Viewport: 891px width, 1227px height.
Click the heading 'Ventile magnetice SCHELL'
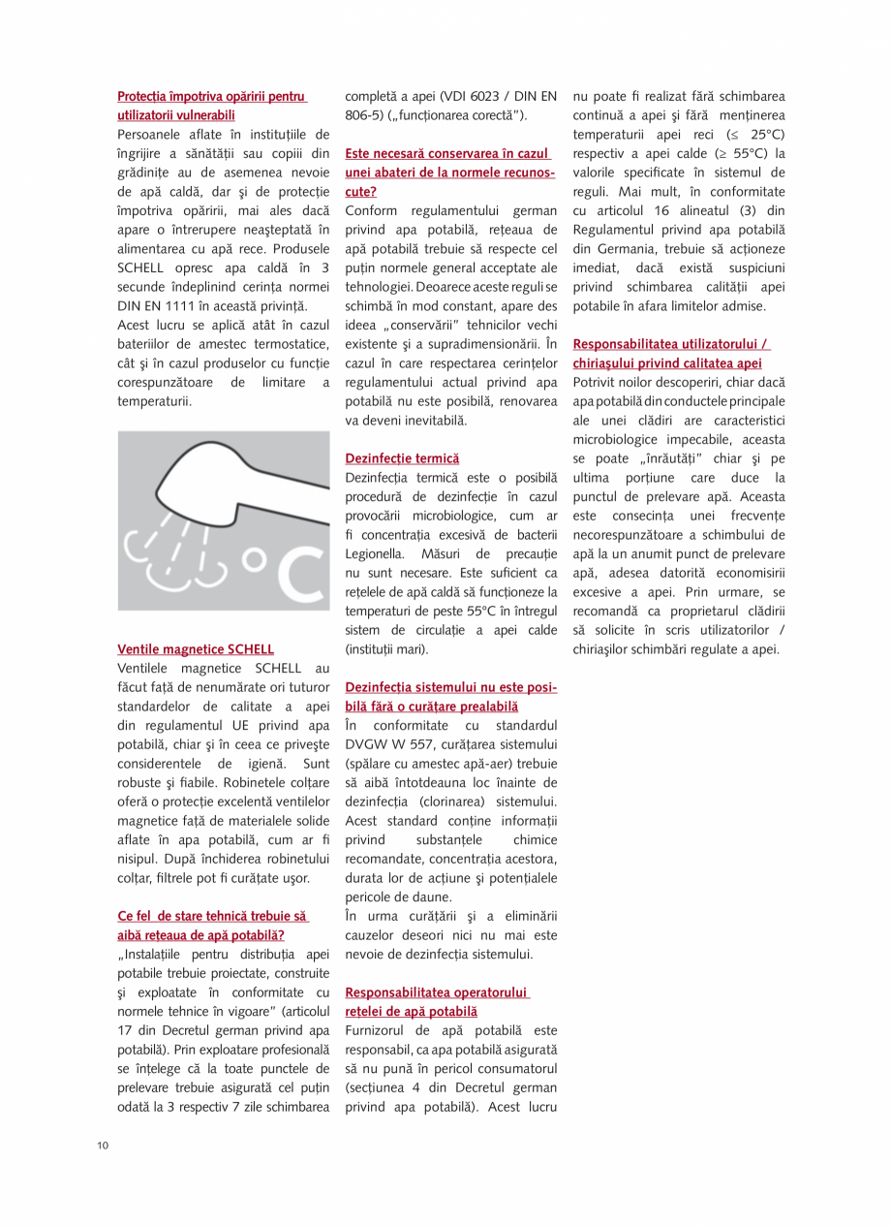point(196,649)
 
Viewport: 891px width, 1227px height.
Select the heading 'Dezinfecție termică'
point(402,458)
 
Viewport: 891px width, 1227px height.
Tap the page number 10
point(103,1147)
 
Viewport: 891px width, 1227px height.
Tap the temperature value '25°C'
point(766,135)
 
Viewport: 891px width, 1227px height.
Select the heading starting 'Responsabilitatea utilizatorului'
point(671,344)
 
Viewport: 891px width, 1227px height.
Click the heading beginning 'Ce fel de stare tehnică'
point(212,916)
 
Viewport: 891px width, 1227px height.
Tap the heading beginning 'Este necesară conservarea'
point(447,154)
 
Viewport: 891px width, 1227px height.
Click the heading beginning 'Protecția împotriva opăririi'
point(212,97)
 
